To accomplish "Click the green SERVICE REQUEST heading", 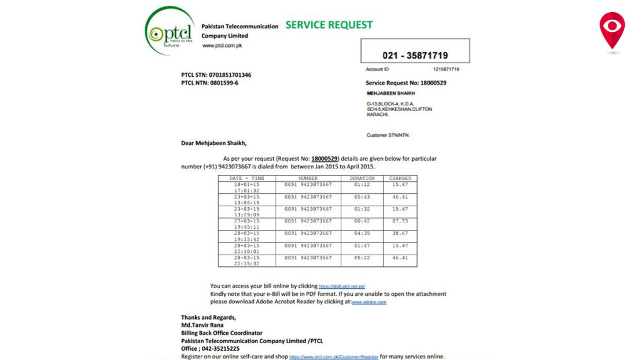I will click(x=329, y=25).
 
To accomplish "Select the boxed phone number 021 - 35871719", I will click(x=415, y=56).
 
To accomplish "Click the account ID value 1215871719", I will click(x=446, y=69).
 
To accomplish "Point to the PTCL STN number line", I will click(x=216, y=75).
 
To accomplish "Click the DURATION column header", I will click(x=362, y=178).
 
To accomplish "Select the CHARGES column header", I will click(x=400, y=178).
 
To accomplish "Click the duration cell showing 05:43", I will click(x=362, y=197).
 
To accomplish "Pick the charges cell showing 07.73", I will click(x=400, y=221).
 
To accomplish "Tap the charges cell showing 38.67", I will click(x=400, y=233).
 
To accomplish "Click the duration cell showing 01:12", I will click(x=362, y=185).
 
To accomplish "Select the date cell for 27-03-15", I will click(x=247, y=221).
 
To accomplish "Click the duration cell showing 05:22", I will click(x=362, y=258).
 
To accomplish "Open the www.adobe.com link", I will click(x=369, y=302).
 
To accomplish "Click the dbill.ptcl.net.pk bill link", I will click(x=342, y=286).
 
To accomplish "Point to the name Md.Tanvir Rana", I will click(x=202, y=325).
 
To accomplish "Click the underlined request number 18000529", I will click(x=325, y=159).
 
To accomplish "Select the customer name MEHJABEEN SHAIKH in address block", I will click(x=391, y=93).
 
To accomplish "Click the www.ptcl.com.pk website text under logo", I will click(x=222, y=46).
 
